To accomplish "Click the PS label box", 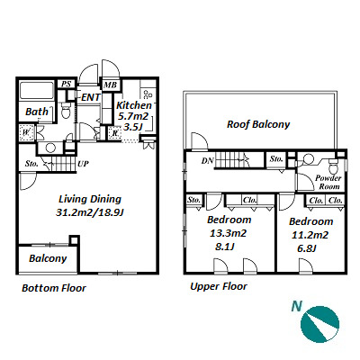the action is pos(66,84).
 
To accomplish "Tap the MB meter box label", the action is pos(110,85).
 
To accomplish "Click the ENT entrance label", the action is pos(91,97).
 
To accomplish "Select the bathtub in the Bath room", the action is pos(37,90).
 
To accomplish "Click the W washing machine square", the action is pos(27,131).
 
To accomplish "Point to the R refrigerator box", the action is pos(114,133).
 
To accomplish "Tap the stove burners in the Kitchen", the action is pos(148,94).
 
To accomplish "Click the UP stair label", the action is pos(83,164).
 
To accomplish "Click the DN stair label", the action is pos(207,161).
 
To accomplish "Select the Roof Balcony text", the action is pos(258,124).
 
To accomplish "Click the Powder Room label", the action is pos(328,183).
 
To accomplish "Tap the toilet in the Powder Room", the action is pos(333,167).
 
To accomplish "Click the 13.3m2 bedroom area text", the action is pos(228,233).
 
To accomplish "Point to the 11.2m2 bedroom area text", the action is pos(310,235).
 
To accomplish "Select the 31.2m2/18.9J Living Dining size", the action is pos(90,212).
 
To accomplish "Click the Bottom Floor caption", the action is pos(54,288).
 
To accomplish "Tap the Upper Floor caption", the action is pos(219,286).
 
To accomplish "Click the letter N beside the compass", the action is pos(297,307).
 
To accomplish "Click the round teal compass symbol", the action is pos(320,325).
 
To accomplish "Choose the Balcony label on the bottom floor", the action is pos(48,258).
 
